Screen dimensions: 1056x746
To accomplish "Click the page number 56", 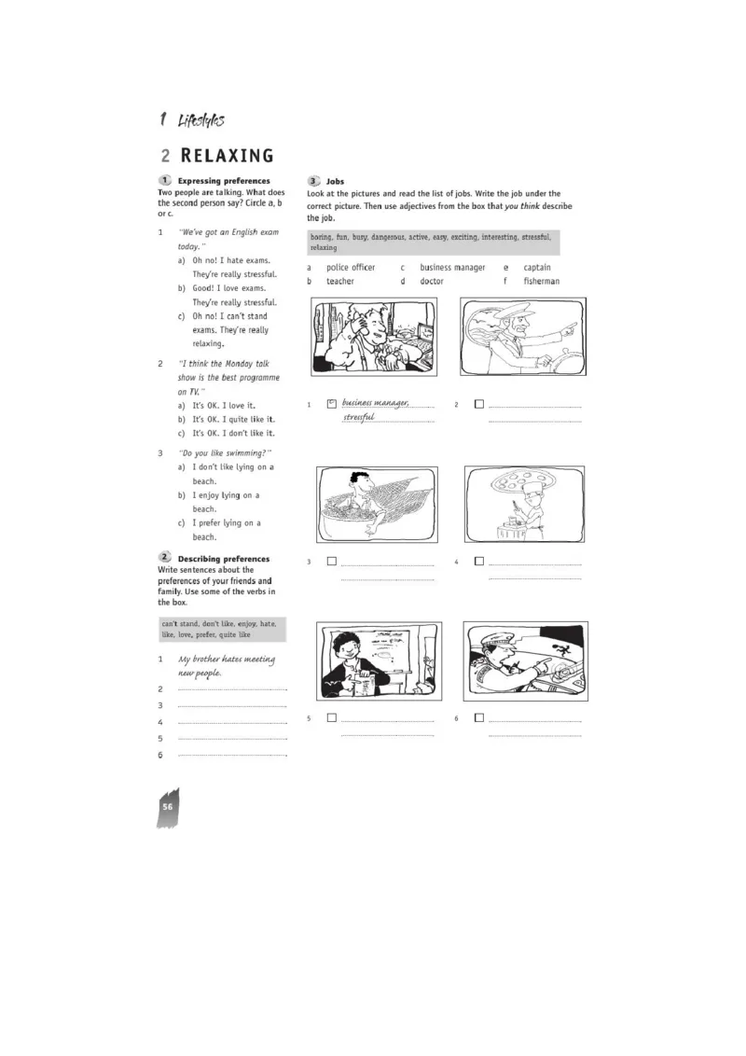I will (x=168, y=806).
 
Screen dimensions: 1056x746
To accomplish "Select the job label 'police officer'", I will (x=351, y=268).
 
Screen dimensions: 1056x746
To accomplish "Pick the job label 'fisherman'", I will (x=542, y=281).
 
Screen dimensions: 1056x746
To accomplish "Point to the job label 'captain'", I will (x=537, y=268).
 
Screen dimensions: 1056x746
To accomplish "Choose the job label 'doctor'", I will (x=432, y=281).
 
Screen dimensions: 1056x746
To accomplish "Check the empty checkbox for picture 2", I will (x=479, y=405).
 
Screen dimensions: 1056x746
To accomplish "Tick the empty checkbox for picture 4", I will (x=479, y=562).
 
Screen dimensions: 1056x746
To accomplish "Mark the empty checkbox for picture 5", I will (x=332, y=718).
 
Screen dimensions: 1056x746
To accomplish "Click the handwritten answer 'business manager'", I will (x=375, y=404).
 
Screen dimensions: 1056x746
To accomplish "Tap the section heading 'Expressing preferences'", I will (x=224, y=181).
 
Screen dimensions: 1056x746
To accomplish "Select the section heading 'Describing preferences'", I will (x=224, y=559).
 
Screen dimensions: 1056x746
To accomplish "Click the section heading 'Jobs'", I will (x=335, y=181).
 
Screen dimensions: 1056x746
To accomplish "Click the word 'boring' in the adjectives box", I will (x=323, y=238).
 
